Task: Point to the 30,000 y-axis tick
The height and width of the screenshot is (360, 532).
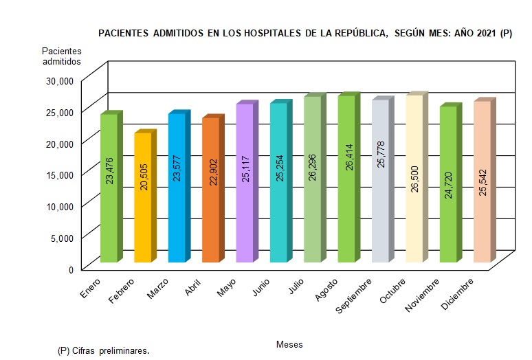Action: [x=59, y=80]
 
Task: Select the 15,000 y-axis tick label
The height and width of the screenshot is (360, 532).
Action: [x=59, y=175]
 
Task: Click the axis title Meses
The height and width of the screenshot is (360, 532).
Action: [x=289, y=344]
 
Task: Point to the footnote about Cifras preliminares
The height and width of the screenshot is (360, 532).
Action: [x=104, y=350]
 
